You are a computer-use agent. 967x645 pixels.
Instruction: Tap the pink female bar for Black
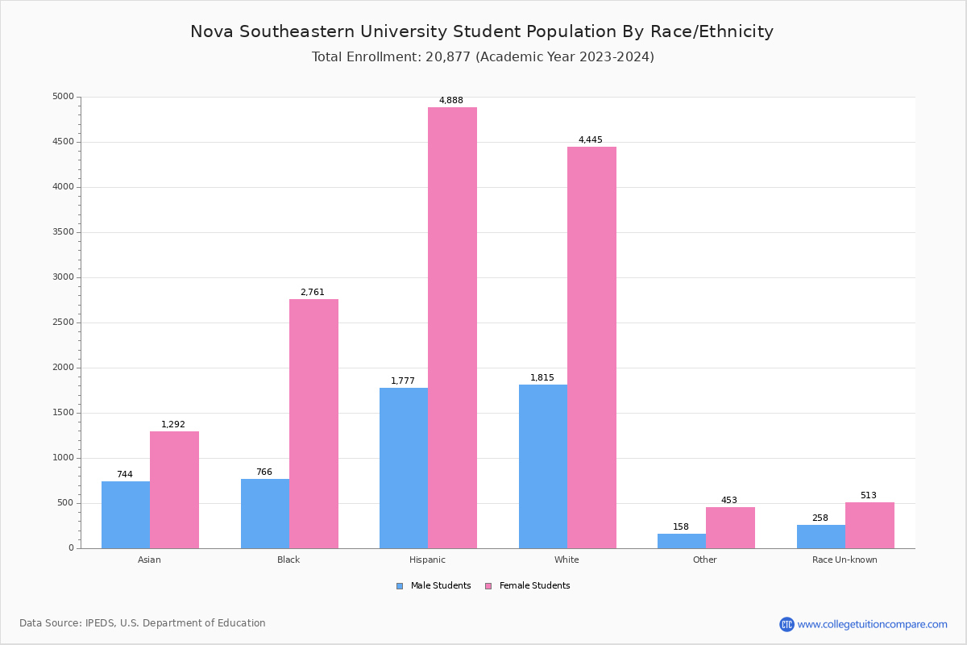pos(313,423)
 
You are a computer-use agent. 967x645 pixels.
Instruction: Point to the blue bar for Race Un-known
pos(821,536)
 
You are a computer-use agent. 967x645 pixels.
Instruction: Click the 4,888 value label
pos(451,101)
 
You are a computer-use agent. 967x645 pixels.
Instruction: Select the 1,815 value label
pos(542,378)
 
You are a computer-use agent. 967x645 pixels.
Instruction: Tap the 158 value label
pos(681,527)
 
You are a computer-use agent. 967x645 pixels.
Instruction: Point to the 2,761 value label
pos(313,293)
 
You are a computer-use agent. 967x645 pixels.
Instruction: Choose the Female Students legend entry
pos(528,586)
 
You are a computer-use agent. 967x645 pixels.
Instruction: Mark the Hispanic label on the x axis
pos(427,560)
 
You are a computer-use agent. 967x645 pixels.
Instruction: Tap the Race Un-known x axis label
pos(845,560)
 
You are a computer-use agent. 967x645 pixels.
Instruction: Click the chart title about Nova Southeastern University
pos(482,31)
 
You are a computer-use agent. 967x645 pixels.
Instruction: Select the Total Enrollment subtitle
pos(483,57)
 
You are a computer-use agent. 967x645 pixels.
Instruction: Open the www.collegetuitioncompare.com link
pos(872,624)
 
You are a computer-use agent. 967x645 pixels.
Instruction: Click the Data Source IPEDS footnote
pos(143,623)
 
